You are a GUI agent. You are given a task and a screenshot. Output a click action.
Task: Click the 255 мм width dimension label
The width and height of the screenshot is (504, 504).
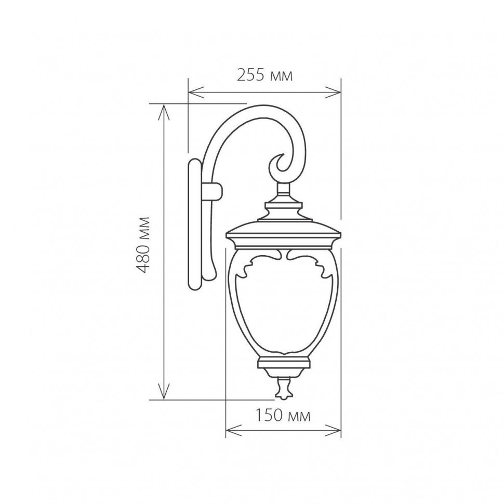pos(265,76)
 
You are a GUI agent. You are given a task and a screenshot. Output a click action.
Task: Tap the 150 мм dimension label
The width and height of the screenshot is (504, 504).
pos(283,416)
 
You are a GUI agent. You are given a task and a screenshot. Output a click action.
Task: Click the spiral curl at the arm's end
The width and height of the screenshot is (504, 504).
pos(281,165)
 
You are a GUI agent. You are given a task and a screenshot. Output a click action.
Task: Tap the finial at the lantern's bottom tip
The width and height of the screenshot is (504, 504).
pos(283,389)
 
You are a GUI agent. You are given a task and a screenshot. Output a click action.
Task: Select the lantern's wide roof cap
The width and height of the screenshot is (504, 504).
pos(283,231)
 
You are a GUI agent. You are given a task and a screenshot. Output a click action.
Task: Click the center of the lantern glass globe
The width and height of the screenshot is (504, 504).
pos(283,307)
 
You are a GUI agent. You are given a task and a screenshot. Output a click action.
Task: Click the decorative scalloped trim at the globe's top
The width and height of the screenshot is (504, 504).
pos(283,260)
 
